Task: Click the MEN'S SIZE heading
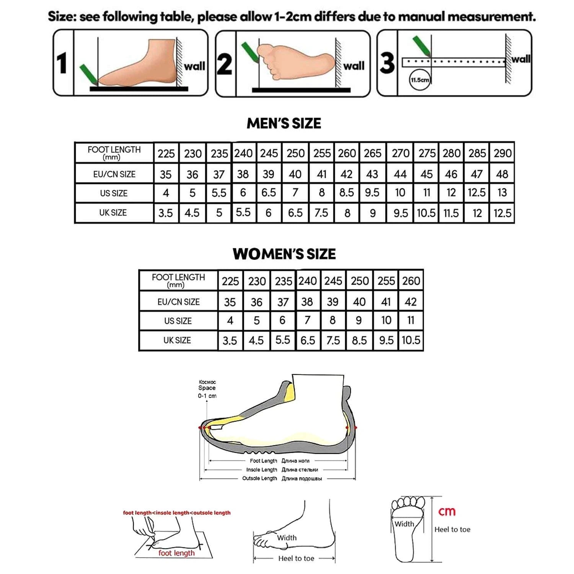[284, 123]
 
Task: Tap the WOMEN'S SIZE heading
[284, 254]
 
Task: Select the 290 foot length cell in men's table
[502, 153]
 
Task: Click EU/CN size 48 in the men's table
[502, 174]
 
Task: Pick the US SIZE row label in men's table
[114, 193]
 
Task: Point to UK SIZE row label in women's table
[177, 340]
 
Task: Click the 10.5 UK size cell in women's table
[411, 340]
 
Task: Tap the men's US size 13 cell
[502, 192]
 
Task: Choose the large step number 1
[62, 63]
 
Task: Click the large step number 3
[387, 63]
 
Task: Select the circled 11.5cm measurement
[420, 80]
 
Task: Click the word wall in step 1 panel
[194, 66]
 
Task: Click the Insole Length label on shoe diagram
[262, 470]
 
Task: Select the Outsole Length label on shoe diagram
[259, 478]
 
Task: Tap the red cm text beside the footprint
[447, 511]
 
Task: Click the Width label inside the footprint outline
[404, 524]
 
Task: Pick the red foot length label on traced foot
[176, 553]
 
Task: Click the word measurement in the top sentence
[491, 17]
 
